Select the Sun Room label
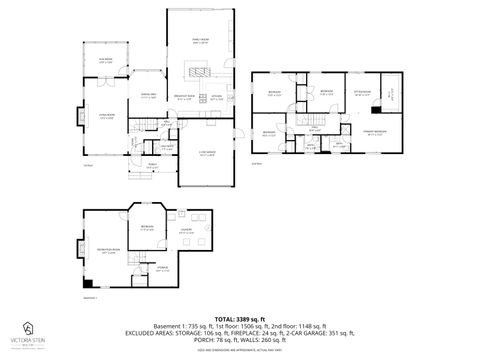(x=105, y=60)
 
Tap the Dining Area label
(x=147, y=95)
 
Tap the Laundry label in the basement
(x=186, y=231)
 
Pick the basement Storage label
(x=148, y=268)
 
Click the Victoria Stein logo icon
(x=27, y=328)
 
